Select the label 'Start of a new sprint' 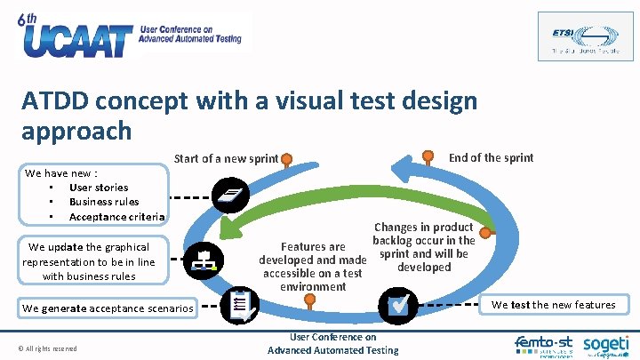[226, 159]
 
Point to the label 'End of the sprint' [491, 157]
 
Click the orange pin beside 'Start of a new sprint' [287, 160]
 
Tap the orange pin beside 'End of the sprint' [429, 157]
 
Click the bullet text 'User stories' [98, 188]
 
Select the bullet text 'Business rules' [104, 202]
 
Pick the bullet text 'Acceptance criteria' [116, 217]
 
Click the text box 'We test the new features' [553, 305]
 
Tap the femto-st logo [544, 344]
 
